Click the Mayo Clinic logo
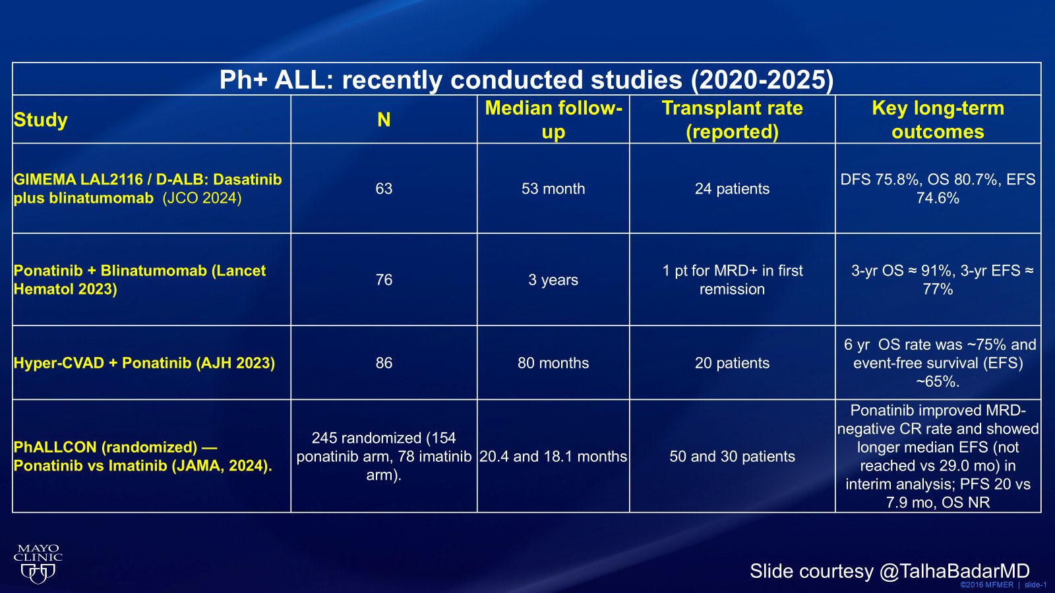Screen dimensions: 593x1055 click(38, 564)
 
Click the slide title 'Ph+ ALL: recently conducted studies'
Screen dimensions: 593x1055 click(526, 80)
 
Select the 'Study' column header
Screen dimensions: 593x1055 click(41, 120)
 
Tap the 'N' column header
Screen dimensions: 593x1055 click(384, 120)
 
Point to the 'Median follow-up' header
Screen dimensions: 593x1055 click(553, 120)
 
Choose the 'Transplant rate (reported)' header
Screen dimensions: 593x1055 click(732, 120)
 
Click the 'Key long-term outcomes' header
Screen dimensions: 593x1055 click(938, 120)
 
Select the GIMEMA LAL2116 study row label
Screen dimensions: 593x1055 click(148, 188)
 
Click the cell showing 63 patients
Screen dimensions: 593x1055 click(384, 189)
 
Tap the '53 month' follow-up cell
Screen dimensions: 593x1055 click(553, 189)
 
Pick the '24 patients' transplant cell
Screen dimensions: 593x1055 click(732, 189)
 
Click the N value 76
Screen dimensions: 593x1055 click(384, 280)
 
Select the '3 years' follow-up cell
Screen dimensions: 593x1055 click(553, 280)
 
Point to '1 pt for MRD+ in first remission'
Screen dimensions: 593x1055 click(732, 280)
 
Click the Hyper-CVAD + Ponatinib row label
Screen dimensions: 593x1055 click(144, 363)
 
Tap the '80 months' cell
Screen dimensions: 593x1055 click(553, 363)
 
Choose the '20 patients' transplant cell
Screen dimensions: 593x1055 click(732, 363)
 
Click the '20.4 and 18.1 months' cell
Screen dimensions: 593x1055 click(553, 457)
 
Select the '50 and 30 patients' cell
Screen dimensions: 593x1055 click(732, 457)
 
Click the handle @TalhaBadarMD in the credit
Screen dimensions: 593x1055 click(954, 571)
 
